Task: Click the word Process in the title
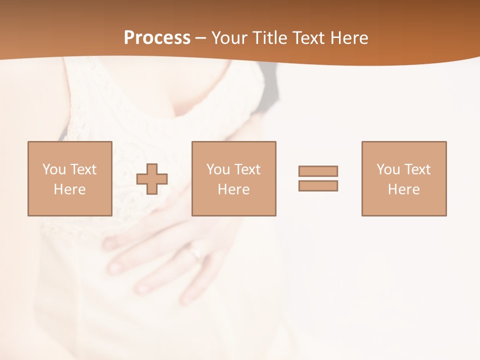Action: [x=157, y=38]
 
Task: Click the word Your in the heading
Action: [x=230, y=38]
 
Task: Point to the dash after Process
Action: [x=201, y=38]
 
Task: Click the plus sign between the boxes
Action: [x=152, y=178]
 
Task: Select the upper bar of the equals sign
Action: [x=318, y=171]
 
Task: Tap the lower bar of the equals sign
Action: [x=318, y=185]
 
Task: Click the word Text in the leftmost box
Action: [x=83, y=169]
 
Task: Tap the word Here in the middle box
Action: [x=233, y=189]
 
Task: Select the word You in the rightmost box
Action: [x=388, y=169]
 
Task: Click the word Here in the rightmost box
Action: [x=404, y=189]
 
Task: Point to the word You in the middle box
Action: [x=218, y=169]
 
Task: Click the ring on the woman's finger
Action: [x=195, y=252]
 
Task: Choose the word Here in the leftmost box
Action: [x=70, y=189]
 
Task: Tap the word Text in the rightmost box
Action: [x=417, y=169]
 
